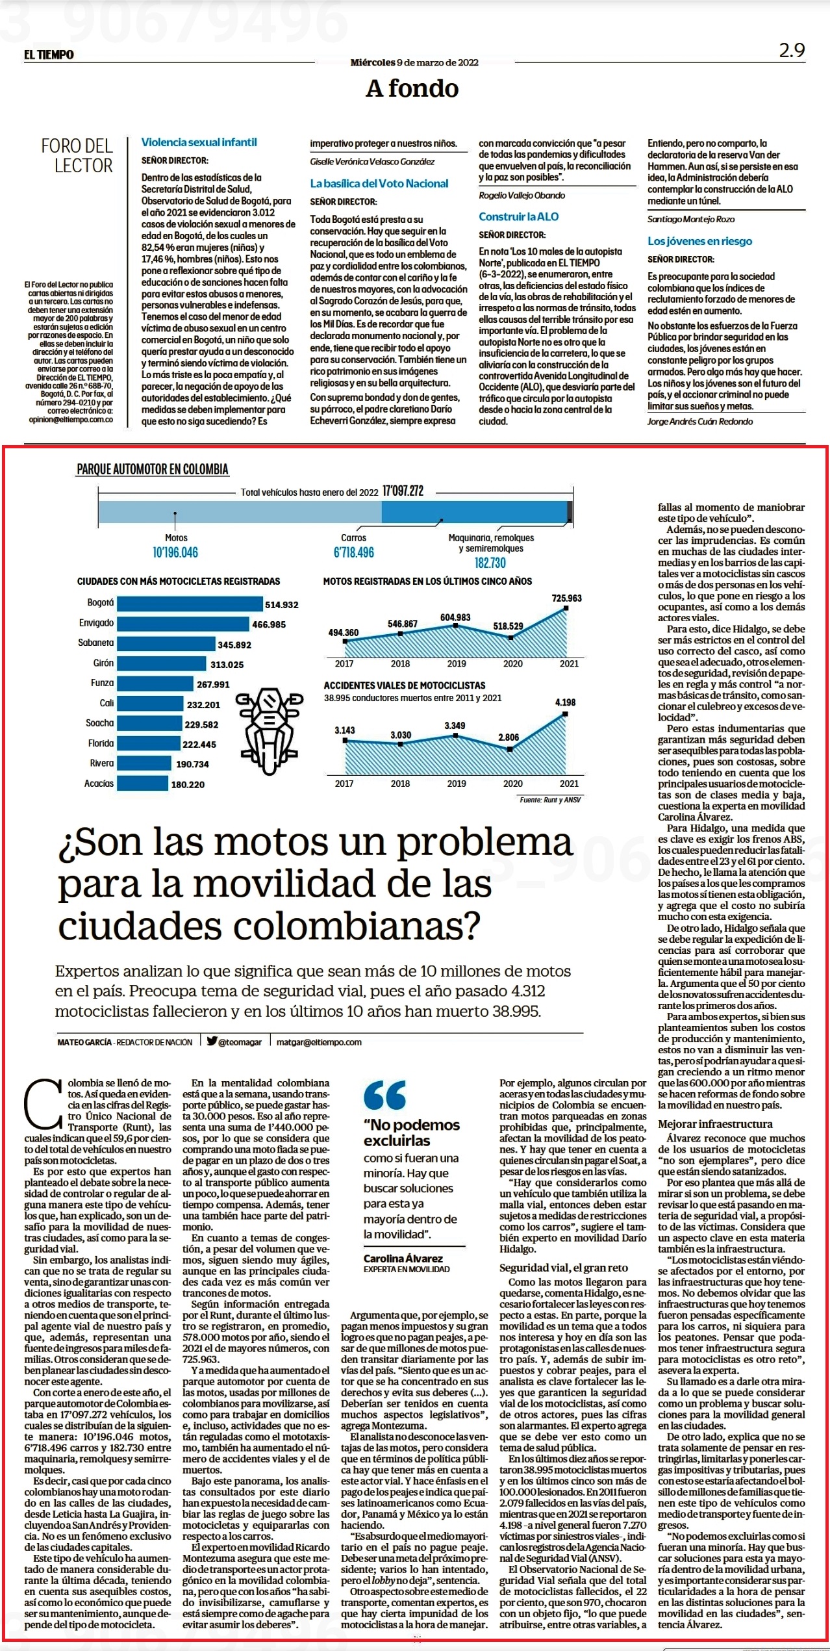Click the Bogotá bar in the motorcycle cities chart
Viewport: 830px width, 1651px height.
(190, 604)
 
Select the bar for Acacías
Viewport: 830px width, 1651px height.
(143, 784)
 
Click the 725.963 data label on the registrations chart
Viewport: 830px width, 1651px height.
(566, 598)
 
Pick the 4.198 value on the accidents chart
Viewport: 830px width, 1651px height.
(565, 702)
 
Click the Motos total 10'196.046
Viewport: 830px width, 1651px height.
(175, 552)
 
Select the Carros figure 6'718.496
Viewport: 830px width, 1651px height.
(354, 552)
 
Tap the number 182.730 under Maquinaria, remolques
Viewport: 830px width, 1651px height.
(490, 563)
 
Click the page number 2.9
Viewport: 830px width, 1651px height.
(792, 50)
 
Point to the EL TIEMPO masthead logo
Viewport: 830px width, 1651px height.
(49, 55)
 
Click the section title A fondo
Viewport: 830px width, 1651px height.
(412, 88)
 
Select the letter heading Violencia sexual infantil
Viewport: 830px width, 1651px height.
(199, 142)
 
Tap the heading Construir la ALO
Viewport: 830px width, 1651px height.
(518, 216)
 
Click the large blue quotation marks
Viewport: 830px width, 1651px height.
(385, 1094)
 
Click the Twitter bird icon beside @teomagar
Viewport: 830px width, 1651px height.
(212, 1041)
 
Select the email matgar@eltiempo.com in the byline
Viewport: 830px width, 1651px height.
(319, 1042)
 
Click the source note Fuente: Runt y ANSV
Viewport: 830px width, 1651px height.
(550, 799)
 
